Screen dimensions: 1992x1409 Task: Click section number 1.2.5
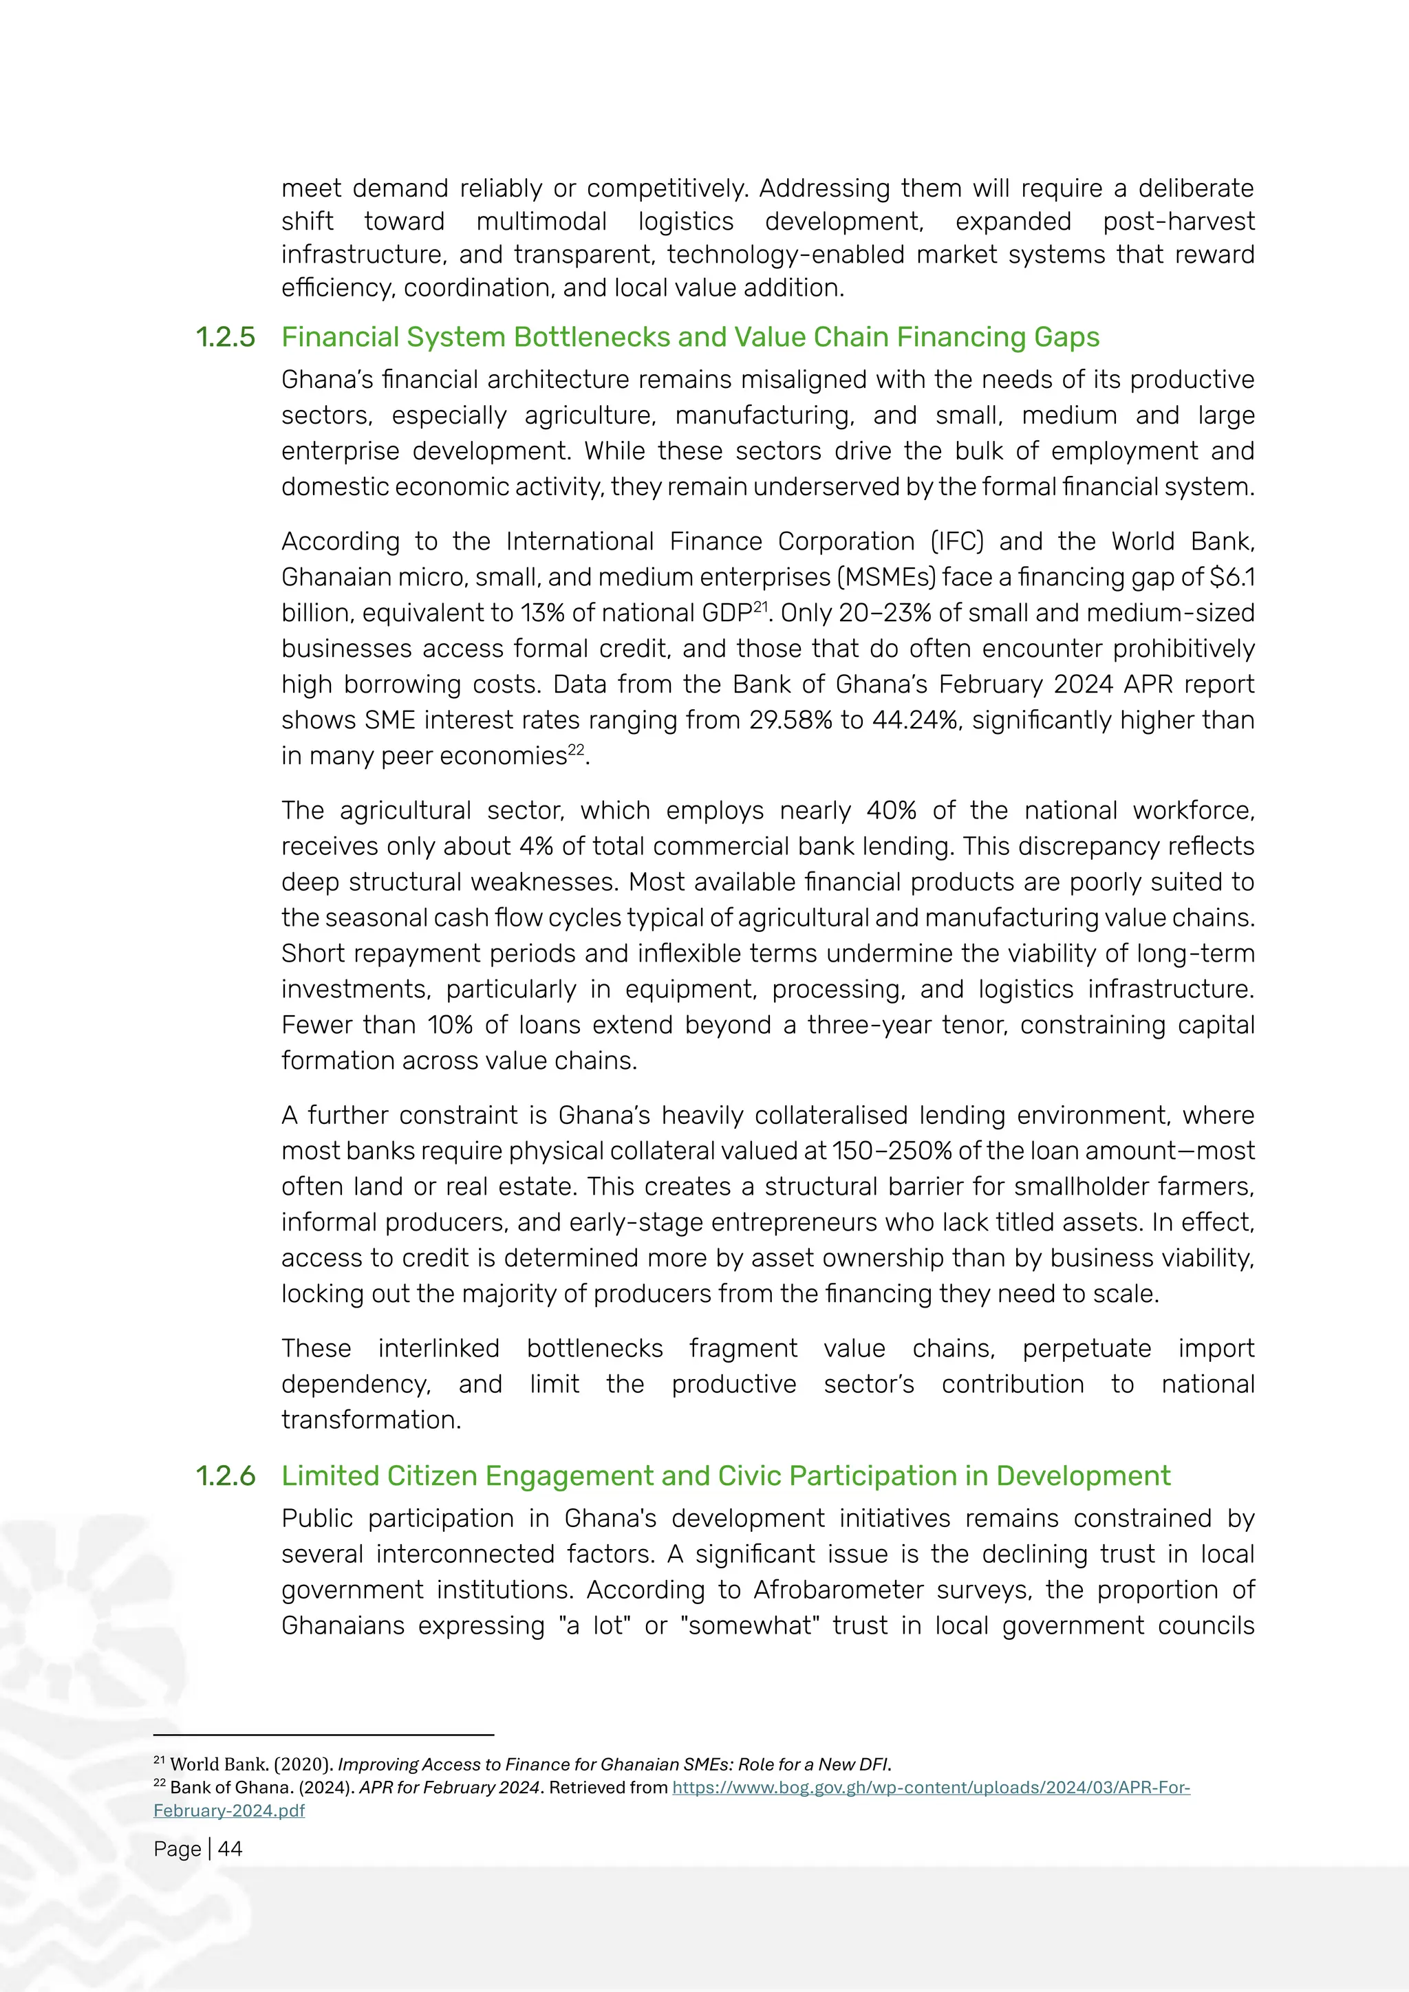tap(226, 338)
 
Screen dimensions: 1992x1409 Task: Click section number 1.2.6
tap(226, 1476)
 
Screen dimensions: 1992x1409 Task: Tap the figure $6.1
tap(1232, 577)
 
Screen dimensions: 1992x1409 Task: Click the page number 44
tap(230, 1849)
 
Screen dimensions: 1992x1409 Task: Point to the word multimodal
tap(541, 221)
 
